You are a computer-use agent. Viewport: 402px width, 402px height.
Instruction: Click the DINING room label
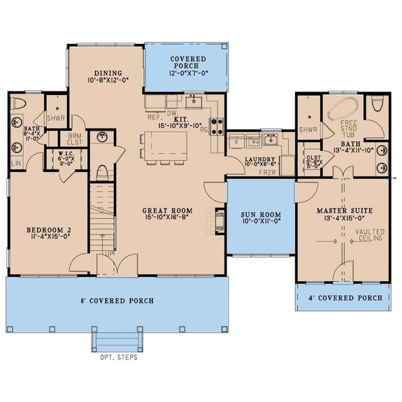pos(108,73)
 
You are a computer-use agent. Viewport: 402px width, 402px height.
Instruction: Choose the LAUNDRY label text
pos(243,159)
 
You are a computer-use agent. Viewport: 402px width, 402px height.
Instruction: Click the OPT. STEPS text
pos(117,357)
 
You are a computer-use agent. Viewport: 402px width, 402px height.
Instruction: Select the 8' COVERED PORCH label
pos(117,301)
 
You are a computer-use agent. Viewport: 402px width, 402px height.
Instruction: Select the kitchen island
pos(166,145)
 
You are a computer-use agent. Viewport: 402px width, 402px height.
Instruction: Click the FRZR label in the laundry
pos(267,172)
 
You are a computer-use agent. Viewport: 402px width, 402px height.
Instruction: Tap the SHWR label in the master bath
pos(308,129)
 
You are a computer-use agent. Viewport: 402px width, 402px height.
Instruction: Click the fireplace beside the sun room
pos(220,222)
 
